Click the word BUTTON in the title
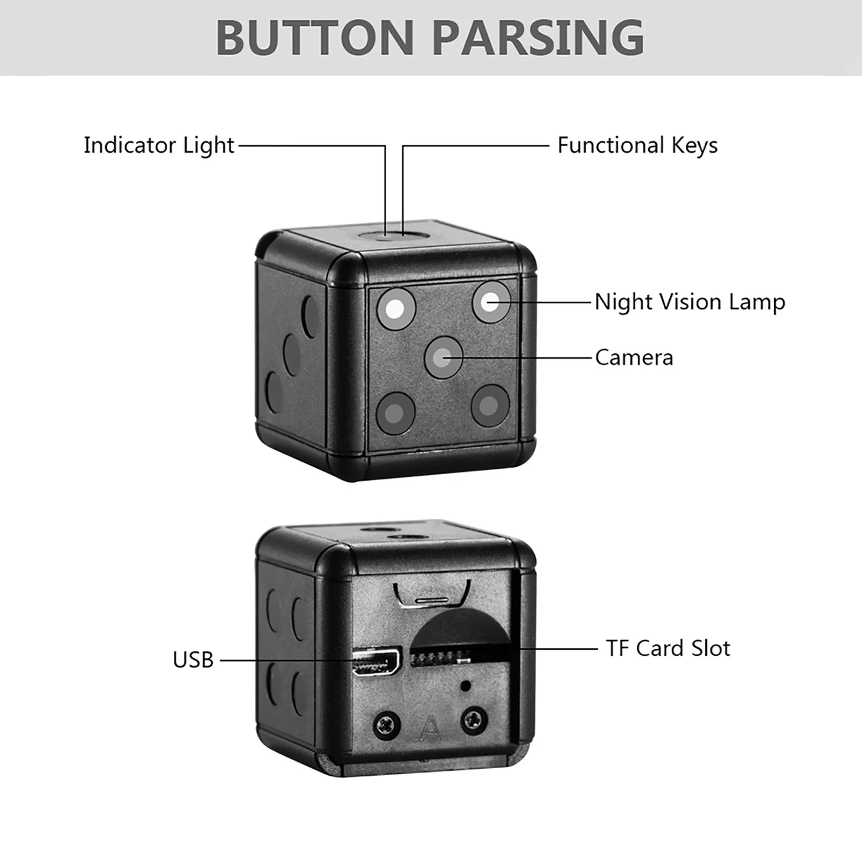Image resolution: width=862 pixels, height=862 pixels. pos(314,37)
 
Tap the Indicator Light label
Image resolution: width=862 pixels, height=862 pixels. pos(159,145)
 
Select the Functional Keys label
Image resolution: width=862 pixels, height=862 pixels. pos(637,145)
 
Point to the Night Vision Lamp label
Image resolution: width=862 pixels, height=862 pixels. pos(690,302)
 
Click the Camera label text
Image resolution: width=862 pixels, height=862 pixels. pos(634,358)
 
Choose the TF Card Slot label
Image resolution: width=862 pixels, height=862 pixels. pos(668,648)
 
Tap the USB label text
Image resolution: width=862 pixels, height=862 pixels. pos(193,660)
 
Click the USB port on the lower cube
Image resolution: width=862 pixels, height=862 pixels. pos(376,662)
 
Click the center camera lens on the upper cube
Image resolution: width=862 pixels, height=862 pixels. pos(443,357)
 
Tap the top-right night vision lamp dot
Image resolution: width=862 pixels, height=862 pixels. pos(491,302)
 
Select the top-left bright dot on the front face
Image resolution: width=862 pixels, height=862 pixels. pos(396,309)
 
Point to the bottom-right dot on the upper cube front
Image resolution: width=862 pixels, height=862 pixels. pos(490,405)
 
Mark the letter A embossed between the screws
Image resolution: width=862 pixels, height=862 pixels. pos(430,727)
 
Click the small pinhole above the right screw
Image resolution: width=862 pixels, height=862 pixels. pos(464,686)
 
